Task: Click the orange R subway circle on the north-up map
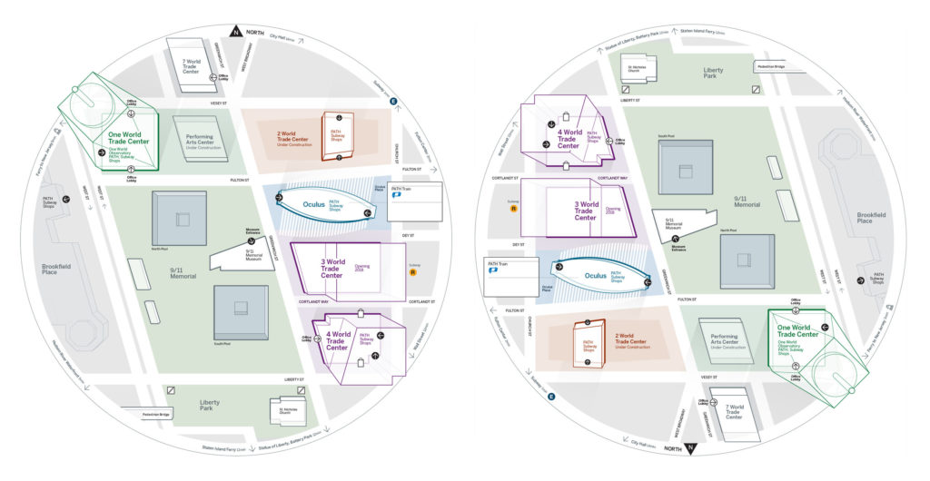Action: [414, 271]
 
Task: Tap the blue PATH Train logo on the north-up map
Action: [396, 194]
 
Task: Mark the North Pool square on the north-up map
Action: [181, 218]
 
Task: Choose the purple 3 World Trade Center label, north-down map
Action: [586, 211]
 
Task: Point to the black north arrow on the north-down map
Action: [690, 448]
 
